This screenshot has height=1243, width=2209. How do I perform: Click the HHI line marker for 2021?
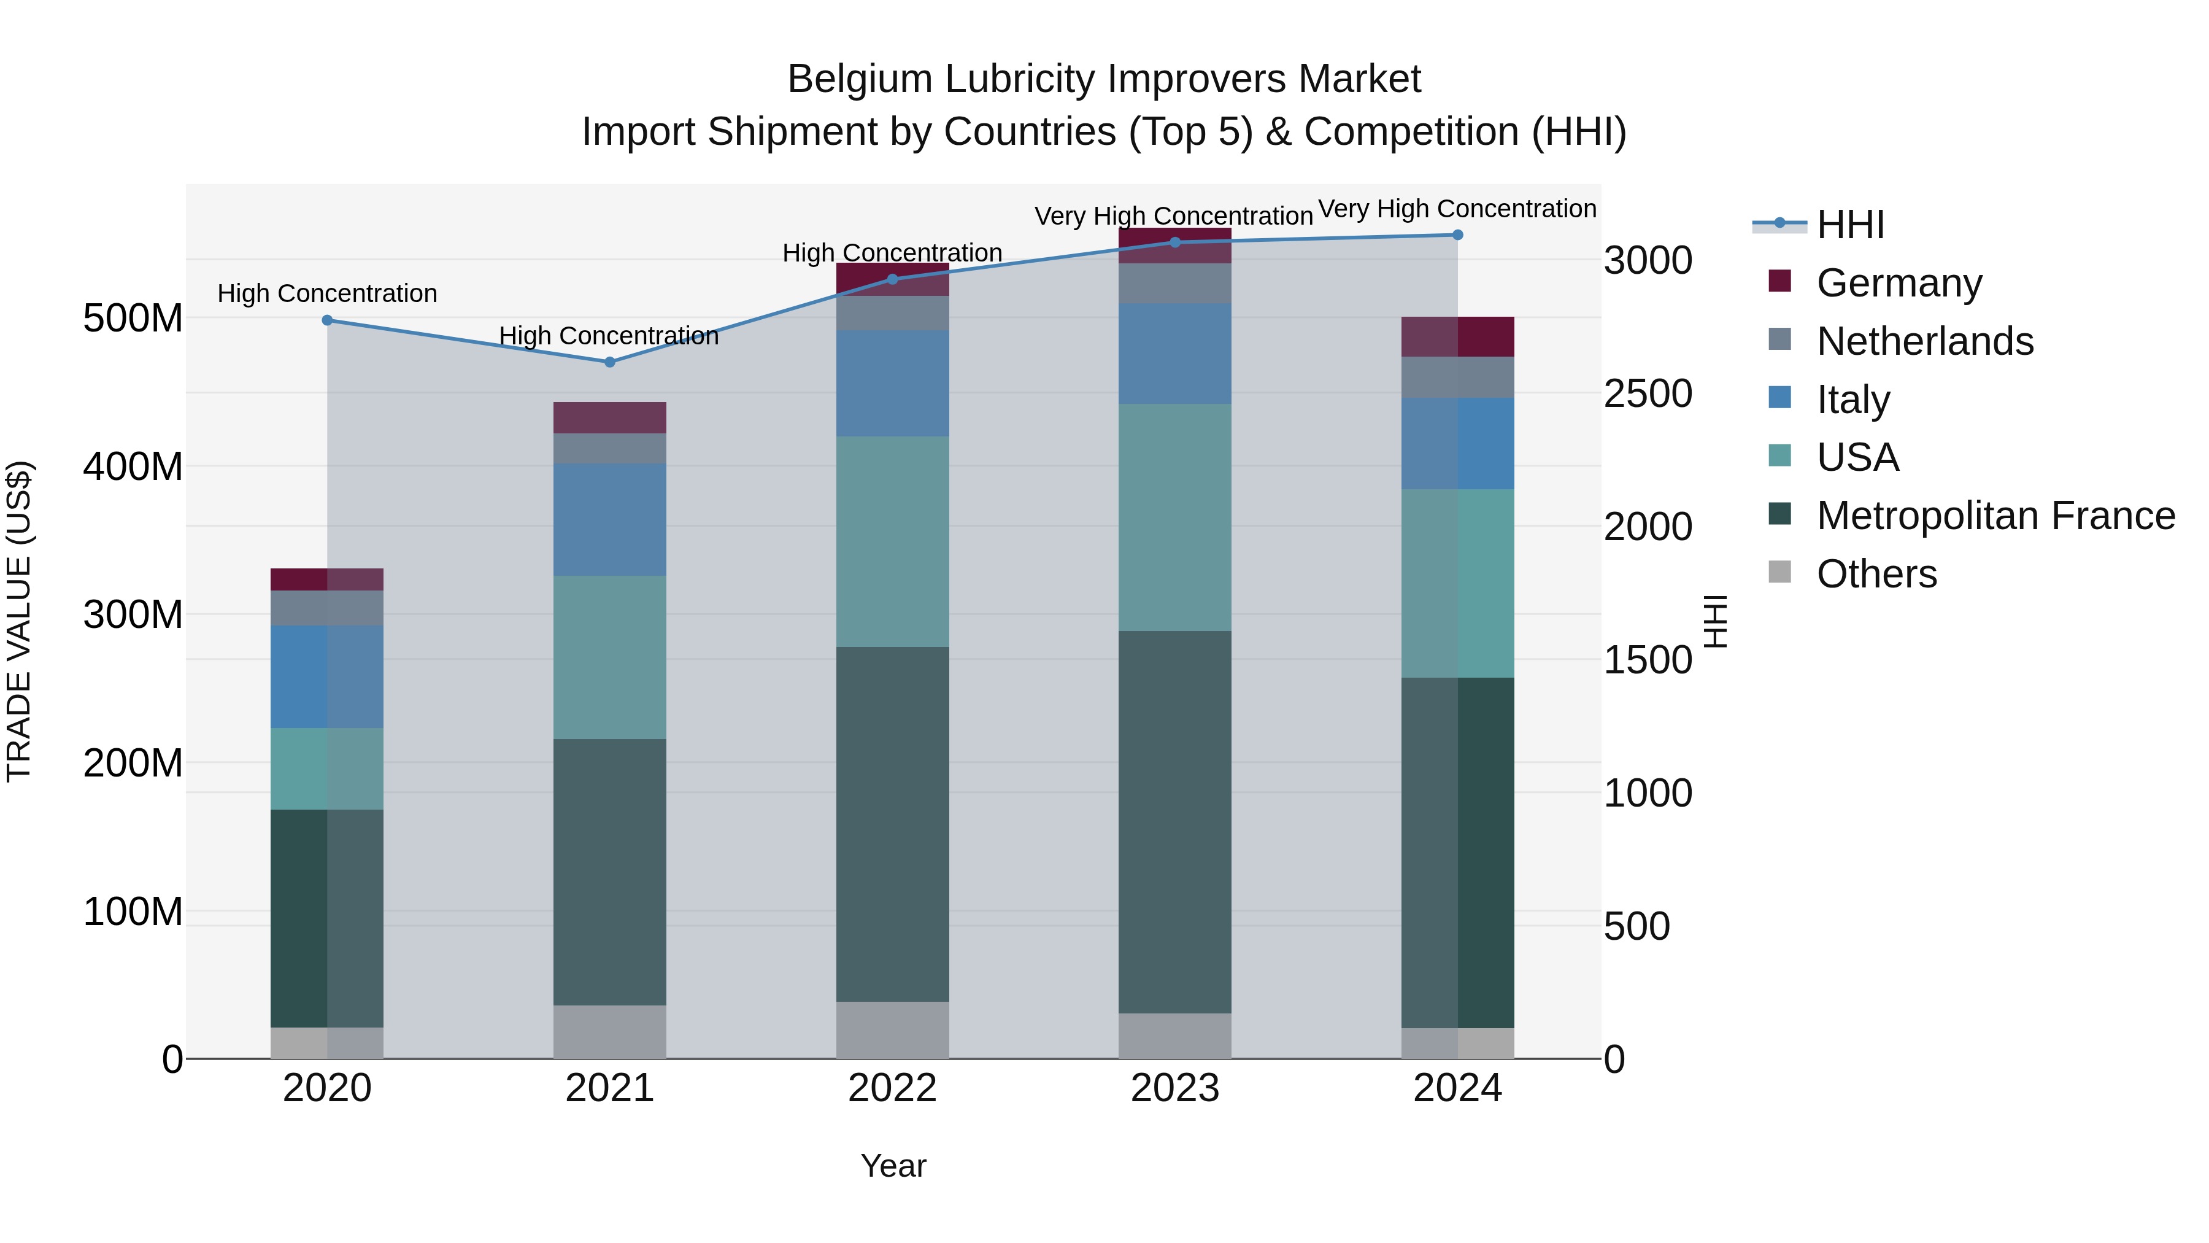click(x=610, y=362)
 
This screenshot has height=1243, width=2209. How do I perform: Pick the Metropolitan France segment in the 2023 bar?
click(x=1175, y=822)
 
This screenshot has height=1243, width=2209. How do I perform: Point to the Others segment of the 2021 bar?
click(x=610, y=1031)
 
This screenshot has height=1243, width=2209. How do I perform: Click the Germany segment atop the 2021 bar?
click(x=610, y=418)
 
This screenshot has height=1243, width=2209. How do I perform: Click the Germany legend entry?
click(x=1899, y=282)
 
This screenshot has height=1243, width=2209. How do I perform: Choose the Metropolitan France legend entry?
click(x=1995, y=516)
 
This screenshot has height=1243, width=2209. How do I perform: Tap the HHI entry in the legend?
click(x=1849, y=225)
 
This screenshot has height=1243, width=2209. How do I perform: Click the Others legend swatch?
click(x=1779, y=572)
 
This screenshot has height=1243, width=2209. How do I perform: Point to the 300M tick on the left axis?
click(x=133, y=614)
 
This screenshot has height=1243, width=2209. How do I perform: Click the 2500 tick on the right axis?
click(x=1648, y=393)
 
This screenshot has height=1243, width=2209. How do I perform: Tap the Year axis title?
click(x=893, y=1166)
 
